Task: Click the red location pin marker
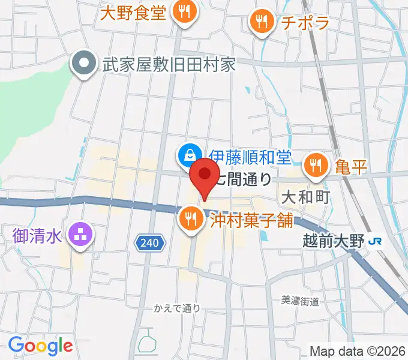[205, 175]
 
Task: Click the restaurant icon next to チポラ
[262, 23]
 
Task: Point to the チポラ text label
[305, 23]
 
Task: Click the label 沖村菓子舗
[251, 220]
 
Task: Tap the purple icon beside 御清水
[80, 233]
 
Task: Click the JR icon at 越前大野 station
[377, 242]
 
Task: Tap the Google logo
[40, 345]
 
